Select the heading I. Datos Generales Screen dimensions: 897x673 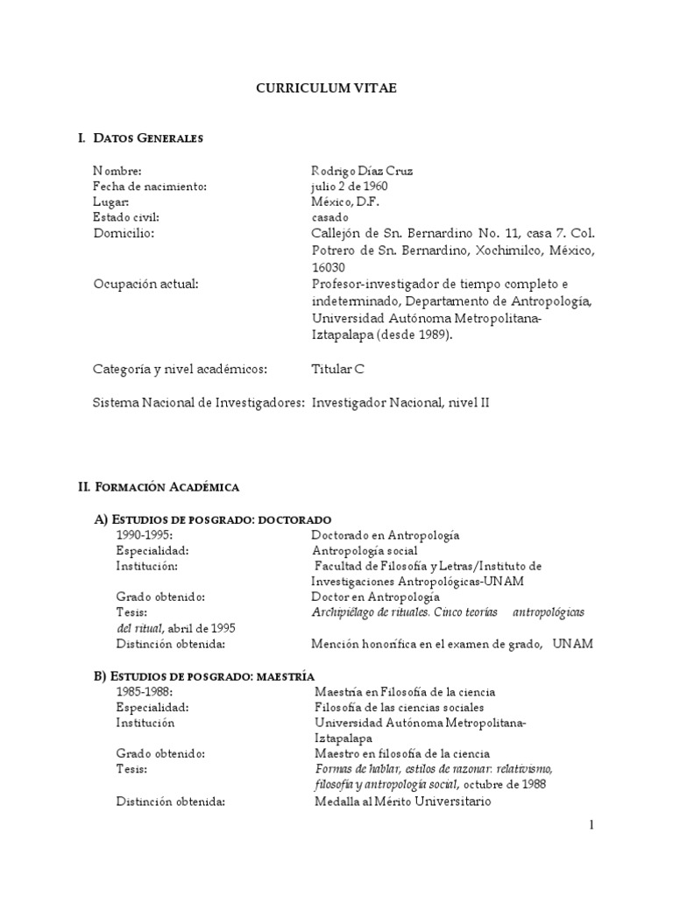click(x=140, y=138)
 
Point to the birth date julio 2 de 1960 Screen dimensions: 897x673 click(x=349, y=187)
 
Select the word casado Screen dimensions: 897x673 click(x=329, y=217)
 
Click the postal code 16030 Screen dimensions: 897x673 click(x=329, y=267)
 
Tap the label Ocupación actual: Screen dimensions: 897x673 click(x=145, y=284)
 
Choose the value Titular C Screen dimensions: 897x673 click(x=337, y=369)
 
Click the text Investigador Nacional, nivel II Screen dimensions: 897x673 click(x=407, y=402)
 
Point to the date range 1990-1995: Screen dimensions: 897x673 click(x=145, y=534)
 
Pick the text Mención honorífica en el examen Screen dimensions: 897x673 click(x=399, y=644)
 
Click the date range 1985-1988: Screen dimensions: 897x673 click(x=145, y=691)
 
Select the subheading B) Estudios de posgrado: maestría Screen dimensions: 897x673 click(x=204, y=675)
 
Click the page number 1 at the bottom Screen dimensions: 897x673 click(x=592, y=824)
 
